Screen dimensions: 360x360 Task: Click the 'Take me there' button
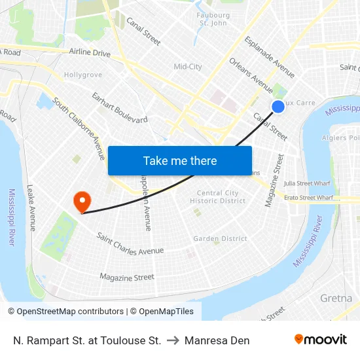180,160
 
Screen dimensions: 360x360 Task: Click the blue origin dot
278,106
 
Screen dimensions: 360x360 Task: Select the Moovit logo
321,340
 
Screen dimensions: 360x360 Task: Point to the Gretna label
336,298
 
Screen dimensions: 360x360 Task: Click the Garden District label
220,239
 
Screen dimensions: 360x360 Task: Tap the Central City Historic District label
218,197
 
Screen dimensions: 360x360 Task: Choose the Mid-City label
188,67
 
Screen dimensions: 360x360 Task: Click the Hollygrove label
83,75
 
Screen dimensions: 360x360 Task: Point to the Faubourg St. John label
213,19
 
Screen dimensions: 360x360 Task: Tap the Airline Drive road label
90,52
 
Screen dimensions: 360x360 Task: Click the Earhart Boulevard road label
120,109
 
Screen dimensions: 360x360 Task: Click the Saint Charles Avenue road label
130,243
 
